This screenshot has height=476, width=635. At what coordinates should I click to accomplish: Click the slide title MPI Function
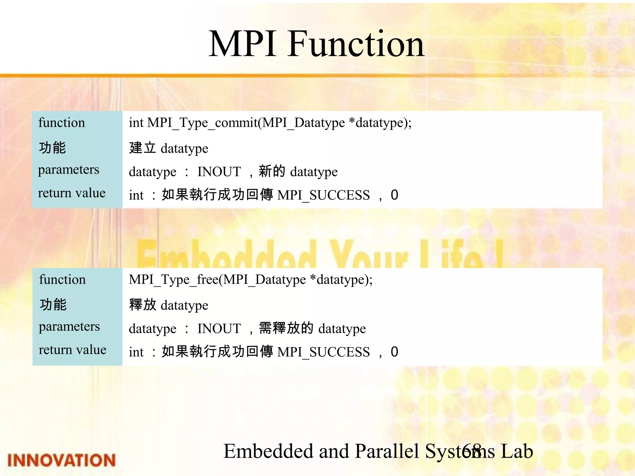click(316, 44)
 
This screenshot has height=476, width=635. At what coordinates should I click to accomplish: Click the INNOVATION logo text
click(61, 460)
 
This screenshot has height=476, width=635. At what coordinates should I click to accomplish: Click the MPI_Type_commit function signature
click(270, 123)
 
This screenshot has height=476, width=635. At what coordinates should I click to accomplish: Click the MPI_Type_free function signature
click(251, 280)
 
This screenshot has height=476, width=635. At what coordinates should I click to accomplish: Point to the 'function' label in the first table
click(61, 123)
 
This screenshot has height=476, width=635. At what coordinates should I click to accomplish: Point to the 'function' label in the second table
click(62, 280)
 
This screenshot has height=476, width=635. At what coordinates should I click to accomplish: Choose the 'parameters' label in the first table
click(69, 170)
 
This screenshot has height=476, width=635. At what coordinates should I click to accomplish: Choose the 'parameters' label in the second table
click(69, 327)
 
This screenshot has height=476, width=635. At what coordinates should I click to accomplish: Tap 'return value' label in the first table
click(72, 193)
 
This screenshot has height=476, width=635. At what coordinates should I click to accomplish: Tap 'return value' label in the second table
click(72, 350)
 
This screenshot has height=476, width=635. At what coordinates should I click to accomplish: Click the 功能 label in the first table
click(52, 148)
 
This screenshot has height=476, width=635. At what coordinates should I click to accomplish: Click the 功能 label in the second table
click(53, 304)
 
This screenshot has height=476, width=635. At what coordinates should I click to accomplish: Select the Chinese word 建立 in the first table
click(142, 148)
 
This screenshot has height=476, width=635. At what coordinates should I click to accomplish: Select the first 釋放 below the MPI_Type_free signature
click(142, 305)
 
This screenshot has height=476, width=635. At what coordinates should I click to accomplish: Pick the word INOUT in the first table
click(219, 172)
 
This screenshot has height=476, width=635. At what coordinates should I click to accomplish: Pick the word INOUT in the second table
click(219, 328)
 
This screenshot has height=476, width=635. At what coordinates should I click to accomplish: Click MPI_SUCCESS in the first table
click(323, 195)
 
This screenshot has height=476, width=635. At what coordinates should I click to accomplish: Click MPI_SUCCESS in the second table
click(323, 352)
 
